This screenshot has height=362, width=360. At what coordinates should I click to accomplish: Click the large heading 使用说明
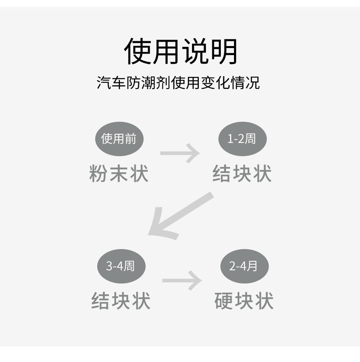(181, 52)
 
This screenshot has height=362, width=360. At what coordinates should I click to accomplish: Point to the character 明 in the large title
(224, 52)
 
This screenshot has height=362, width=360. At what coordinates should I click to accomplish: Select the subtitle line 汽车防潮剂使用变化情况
(178, 83)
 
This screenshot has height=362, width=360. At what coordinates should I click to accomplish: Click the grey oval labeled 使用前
(119, 139)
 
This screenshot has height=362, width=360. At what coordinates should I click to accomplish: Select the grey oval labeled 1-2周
(242, 139)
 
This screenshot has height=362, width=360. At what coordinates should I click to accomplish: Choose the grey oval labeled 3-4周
(121, 266)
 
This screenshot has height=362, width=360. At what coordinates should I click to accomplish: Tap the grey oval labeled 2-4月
(244, 266)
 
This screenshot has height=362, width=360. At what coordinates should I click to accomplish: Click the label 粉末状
(119, 174)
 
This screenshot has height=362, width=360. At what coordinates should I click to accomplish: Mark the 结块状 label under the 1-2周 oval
(242, 174)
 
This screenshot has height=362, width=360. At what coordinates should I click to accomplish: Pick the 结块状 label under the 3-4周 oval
(121, 301)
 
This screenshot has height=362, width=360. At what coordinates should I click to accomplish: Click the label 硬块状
(244, 301)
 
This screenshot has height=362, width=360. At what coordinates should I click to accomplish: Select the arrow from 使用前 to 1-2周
(180, 153)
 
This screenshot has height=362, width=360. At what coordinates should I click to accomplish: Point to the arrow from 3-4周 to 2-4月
(182, 281)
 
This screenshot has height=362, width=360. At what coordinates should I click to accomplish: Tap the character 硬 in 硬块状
(224, 301)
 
